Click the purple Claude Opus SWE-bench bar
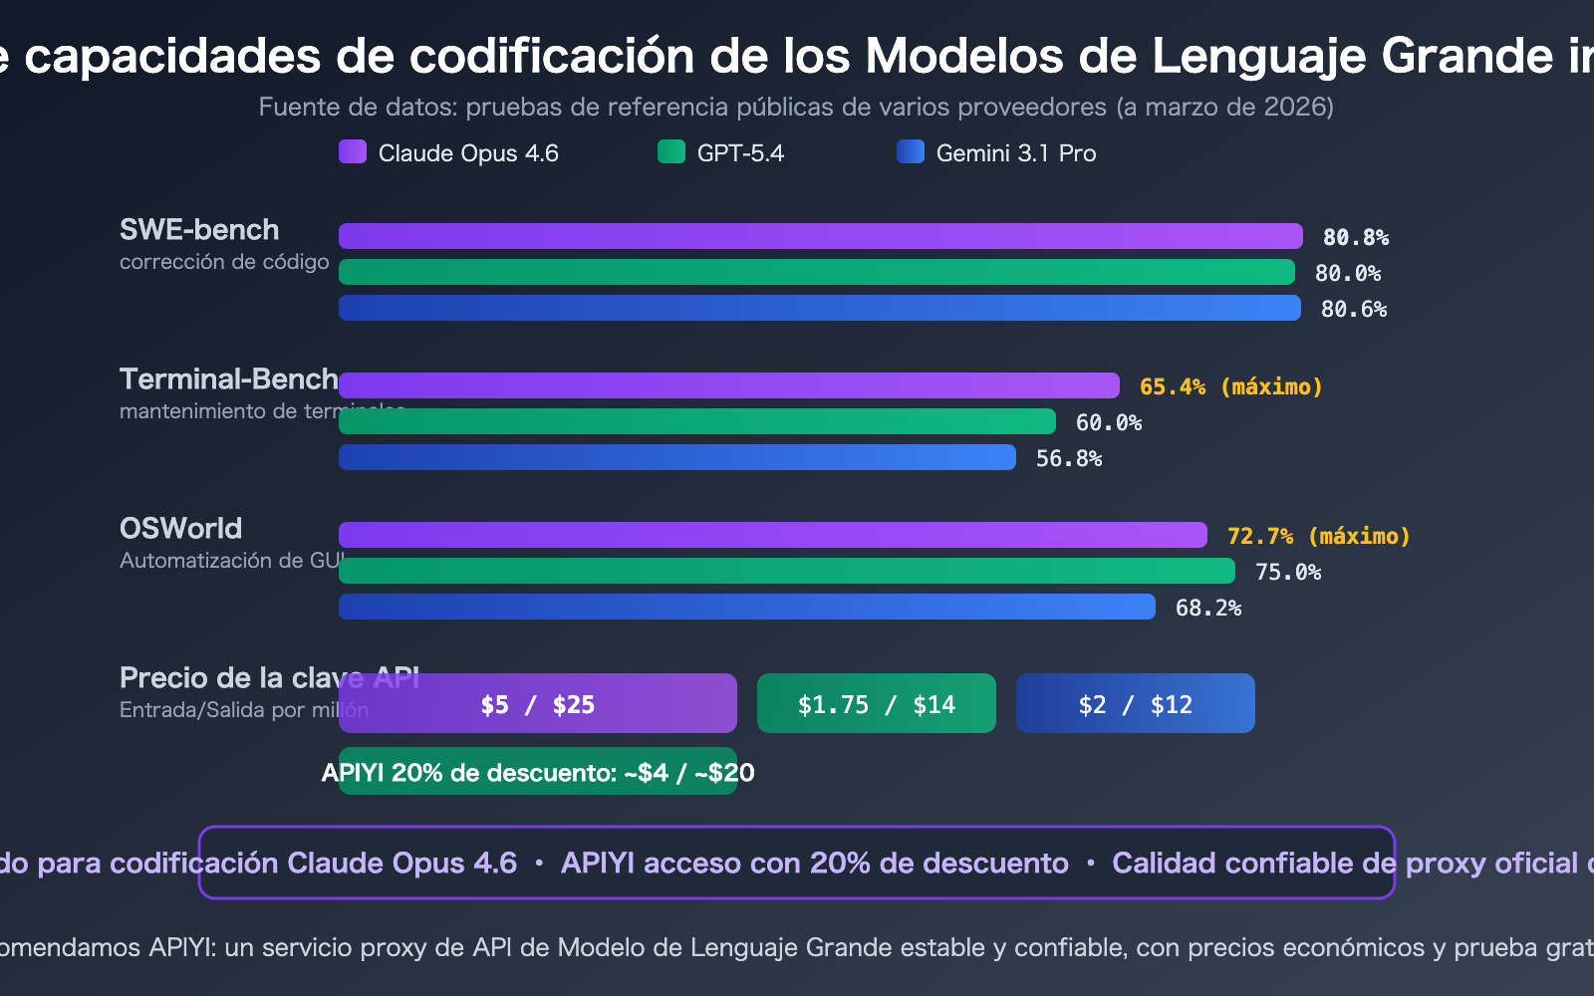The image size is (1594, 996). tap(820, 236)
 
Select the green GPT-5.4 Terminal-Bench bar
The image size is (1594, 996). tap(697, 421)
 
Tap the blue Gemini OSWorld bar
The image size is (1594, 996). tap(747, 607)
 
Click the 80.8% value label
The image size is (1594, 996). tap(1355, 237)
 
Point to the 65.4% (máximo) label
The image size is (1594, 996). tap(1230, 386)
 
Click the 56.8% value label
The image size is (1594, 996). tap(1068, 458)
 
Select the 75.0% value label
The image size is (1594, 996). tap(1287, 572)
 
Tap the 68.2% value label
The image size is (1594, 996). tap(1207, 608)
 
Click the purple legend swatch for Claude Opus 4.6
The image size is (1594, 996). tap(353, 151)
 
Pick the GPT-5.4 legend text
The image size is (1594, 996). tap(740, 153)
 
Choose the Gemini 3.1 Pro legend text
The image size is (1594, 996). tap(1015, 153)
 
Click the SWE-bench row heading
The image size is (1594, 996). tap(199, 230)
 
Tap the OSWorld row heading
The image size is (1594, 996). tap(180, 529)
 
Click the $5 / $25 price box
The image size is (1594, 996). tap(538, 704)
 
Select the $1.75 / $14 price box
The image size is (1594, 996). tap(877, 704)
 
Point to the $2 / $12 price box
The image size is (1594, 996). tap(1136, 704)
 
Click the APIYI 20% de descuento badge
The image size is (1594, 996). tap(538, 772)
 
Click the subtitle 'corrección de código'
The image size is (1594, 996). tap(224, 262)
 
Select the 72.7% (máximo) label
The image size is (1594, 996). tap(1318, 536)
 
